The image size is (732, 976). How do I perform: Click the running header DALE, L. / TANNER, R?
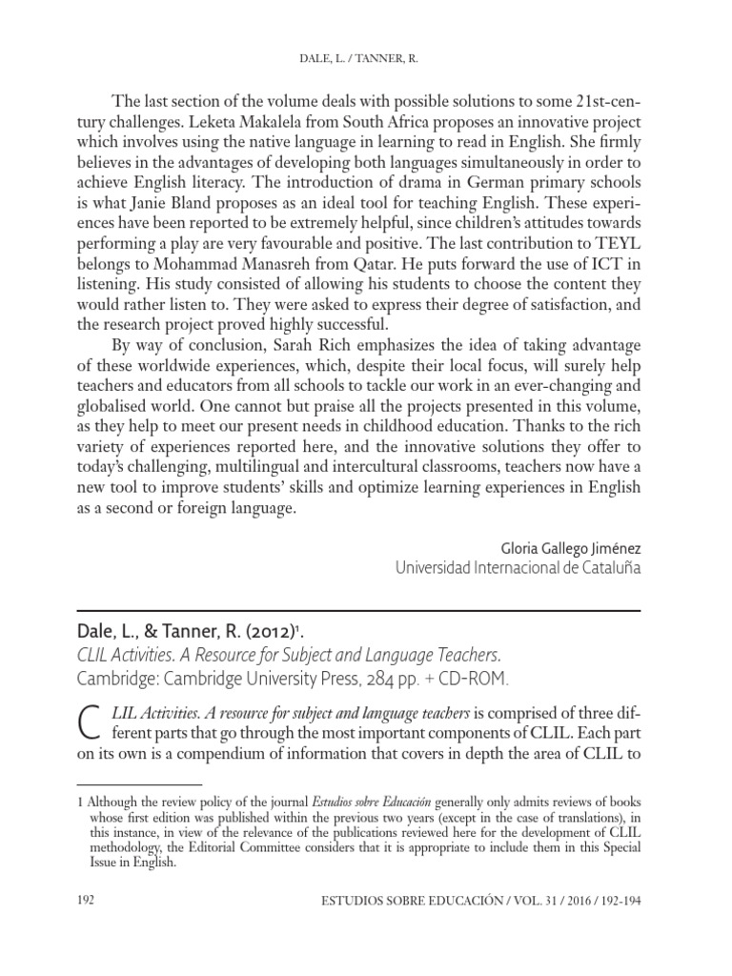point(365,59)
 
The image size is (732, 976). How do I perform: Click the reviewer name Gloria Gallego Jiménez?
point(570,548)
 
